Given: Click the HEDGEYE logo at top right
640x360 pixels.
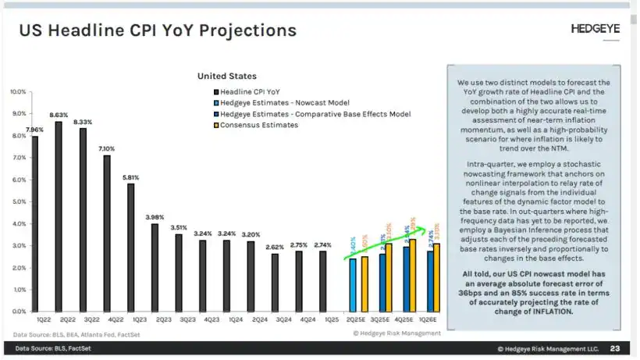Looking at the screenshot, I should point(595,28).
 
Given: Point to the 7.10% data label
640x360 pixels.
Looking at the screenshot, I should point(107,148).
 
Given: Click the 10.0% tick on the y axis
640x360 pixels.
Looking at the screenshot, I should point(17,91).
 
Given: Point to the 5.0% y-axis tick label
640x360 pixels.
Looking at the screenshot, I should point(18,201).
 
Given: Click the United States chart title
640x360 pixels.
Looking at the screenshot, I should point(226,76).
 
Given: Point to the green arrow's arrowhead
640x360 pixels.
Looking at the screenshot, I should point(426,230).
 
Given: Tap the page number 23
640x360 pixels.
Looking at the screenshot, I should point(615,349).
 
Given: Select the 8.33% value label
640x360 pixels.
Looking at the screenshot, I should point(83,122).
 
